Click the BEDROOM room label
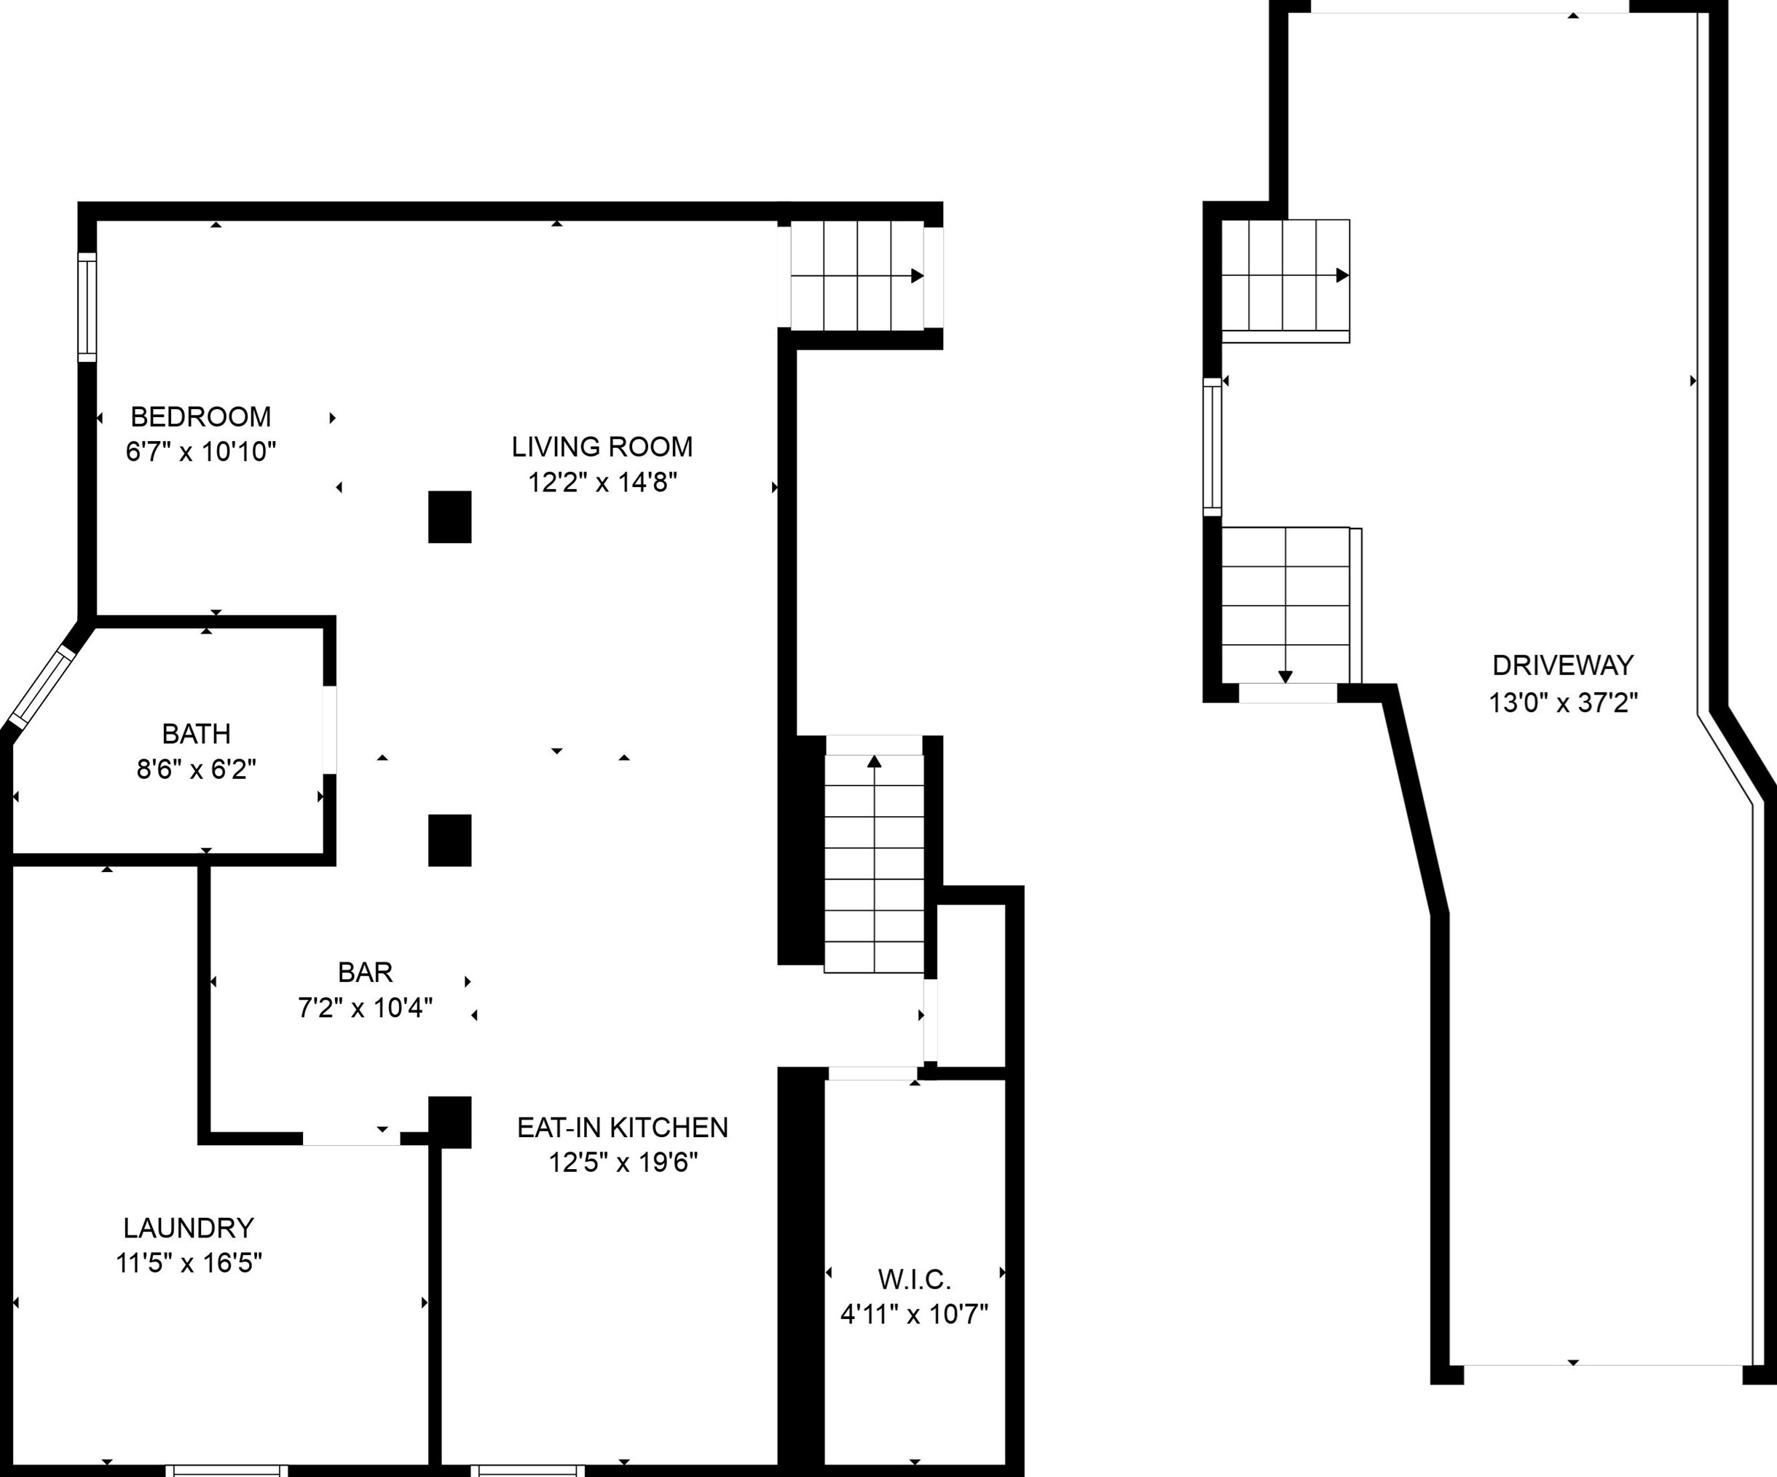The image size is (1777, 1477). click(200, 416)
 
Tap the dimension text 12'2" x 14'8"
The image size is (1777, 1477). click(602, 482)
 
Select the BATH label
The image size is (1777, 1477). click(197, 734)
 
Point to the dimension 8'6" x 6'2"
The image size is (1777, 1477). click(197, 769)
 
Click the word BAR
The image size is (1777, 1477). click(365, 972)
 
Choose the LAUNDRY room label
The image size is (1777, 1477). click(189, 1227)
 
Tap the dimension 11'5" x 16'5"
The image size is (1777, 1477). click(189, 1263)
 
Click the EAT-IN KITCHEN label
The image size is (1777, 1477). click(623, 1127)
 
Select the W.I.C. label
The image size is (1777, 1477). click(914, 1279)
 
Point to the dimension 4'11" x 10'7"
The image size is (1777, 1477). click(914, 1314)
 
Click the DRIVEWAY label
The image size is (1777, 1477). click(1563, 666)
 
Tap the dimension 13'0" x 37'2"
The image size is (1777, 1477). click(1563, 702)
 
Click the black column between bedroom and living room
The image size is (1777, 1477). click(449, 517)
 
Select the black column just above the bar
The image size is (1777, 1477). click(449, 840)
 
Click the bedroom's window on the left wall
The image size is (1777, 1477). click(87, 307)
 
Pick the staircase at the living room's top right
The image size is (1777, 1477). click(857, 275)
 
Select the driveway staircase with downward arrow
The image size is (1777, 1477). click(1285, 605)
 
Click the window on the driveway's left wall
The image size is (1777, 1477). click(1212, 447)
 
